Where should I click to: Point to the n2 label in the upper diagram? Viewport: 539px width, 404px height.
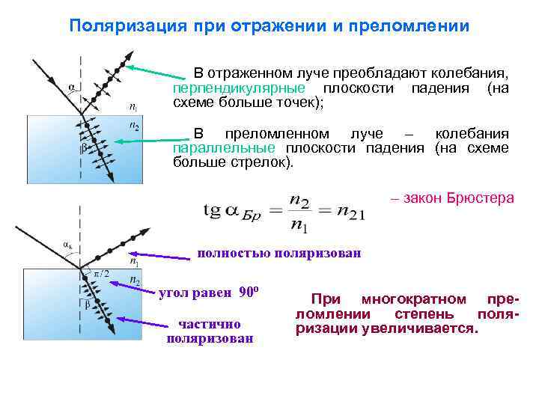coord(134,125)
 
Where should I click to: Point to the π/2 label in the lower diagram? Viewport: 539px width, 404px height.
coord(101,274)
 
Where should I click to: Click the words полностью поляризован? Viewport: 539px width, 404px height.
coord(278,254)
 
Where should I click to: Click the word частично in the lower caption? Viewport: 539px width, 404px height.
coord(209,324)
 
